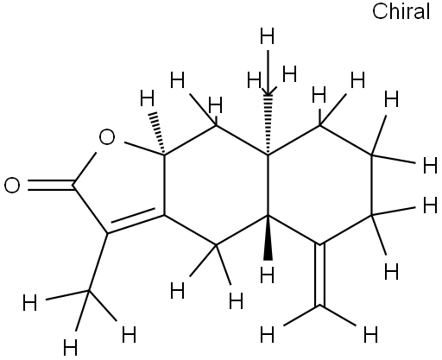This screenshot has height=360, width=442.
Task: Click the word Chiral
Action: pyautogui.click(x=401, y=12)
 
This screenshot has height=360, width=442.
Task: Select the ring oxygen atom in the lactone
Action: pyautogui.click(x=107, y=137)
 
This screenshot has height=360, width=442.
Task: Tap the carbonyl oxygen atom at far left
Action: pyautogui.click(x=12, y=185)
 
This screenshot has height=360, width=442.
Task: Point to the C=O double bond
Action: pyautogui.click(x=51, y=186)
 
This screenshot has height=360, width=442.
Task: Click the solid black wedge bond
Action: pyautogui.click(x=268, y=237)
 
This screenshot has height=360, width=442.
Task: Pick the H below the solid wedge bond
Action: pyautogui.click(x=267, y=275)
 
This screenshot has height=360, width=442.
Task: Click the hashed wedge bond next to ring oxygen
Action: pyautogui.click(x=158, y=134)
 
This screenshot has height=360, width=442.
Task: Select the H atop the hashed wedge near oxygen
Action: pyautogui.click(x=148, y=98)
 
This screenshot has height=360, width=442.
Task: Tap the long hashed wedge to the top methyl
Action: pyautogui.click(x=268, y=124)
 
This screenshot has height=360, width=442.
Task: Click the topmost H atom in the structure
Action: pyautogui.click(x=267, y=36)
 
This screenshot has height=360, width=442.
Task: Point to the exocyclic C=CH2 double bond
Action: pyautogui.click(x=320, y=275)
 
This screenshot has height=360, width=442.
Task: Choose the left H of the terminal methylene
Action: pyautogui.click(x=267, y=335)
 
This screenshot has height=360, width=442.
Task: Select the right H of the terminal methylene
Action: pyautogui.click(x=370, y=335)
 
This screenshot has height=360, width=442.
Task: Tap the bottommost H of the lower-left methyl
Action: pyautogui.click(x=71, y=348)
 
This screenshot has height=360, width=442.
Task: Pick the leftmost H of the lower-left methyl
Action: pyautogui.click(x=30, y=303)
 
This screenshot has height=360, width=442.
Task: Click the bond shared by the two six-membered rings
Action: pyautogui.click(x=268, y=185)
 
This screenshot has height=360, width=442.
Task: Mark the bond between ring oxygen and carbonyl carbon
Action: pyautogui.click(x=85, y=168)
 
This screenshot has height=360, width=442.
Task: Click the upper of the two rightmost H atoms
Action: pyautogui.click(x=430, y=166)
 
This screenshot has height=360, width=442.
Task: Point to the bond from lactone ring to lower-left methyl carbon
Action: pyautogui.click(x=98, y=262)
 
